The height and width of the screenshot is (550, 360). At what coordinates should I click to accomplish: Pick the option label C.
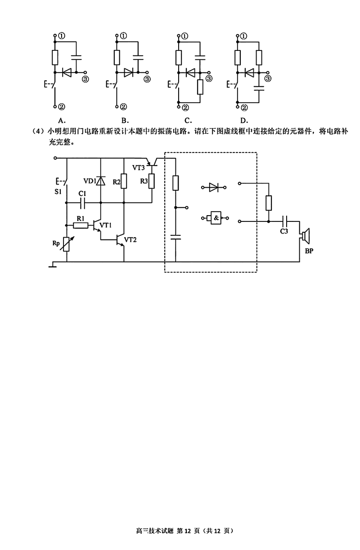[x=188, y=120]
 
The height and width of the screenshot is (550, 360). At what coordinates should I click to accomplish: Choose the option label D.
[x=244, y=120]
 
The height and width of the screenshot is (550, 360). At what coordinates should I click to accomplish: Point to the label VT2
[x=130, y=239]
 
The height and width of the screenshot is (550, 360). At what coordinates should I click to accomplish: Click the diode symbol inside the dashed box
[x=214, y=187]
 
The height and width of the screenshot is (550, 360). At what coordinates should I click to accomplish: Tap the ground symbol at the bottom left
[x=53, y=266]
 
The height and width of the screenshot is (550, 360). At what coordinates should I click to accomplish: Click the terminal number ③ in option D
[x=268, y=78]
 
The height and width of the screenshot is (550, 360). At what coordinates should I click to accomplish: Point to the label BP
[x=309, y=251]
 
